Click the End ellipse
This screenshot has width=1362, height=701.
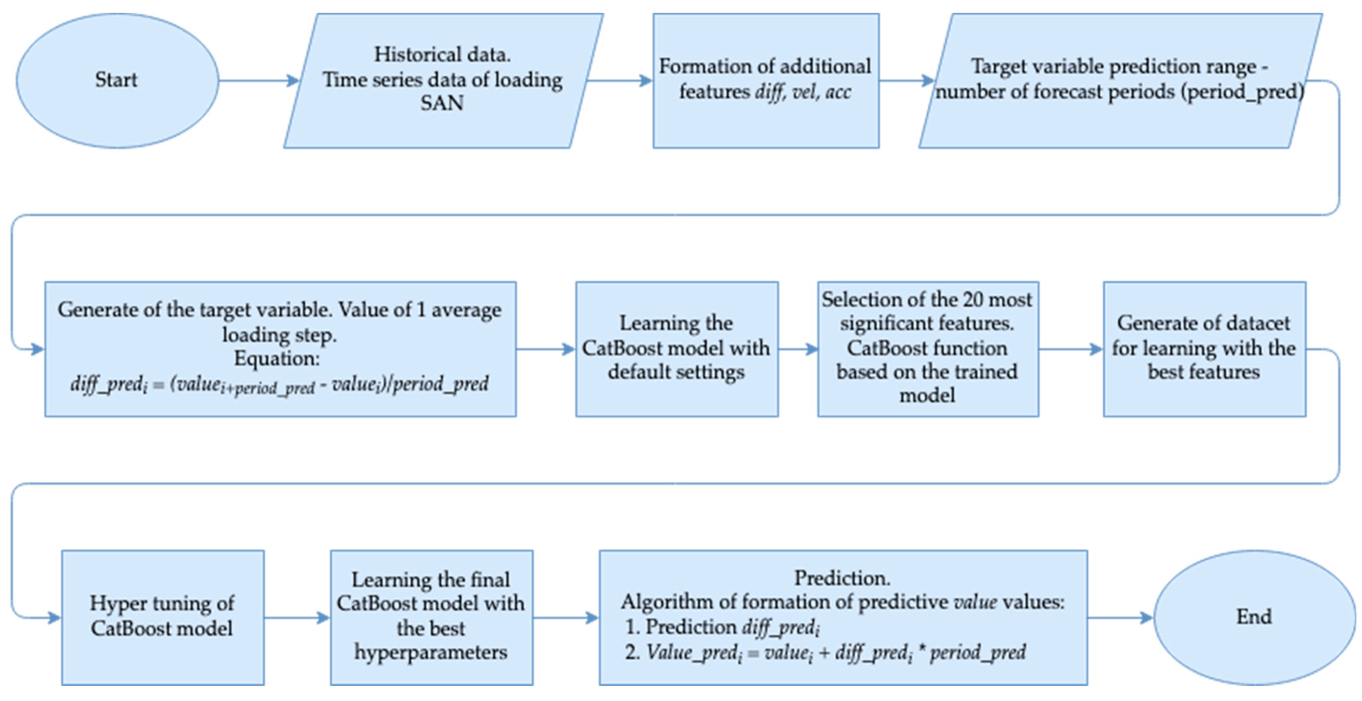point(1254,617)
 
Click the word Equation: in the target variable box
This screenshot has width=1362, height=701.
point(277,359)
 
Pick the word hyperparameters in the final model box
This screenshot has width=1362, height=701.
point(431,652)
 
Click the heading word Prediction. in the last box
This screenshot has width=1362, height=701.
point(842,578)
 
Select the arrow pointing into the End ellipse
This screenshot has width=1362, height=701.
point(1121,618)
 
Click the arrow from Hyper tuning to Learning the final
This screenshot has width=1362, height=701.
point(297,618)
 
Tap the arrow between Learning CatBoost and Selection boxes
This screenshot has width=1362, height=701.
point(798,349)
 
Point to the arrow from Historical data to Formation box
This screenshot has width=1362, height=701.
point(620,81)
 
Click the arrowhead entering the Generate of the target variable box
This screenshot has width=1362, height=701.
point(37,349)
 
